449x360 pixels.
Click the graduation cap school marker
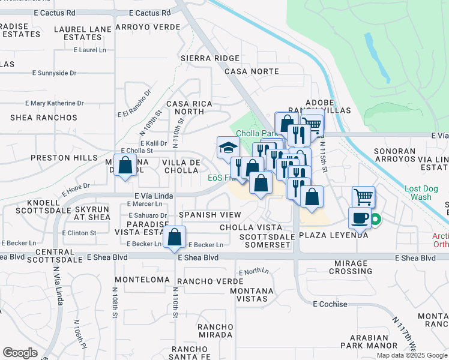[228, 147]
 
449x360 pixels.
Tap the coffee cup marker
[361, 218]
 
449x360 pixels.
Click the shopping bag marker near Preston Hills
[125, 165]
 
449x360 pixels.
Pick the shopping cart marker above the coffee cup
[363, 196]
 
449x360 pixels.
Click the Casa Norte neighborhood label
[252, 71]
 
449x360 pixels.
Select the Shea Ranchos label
[44, 118]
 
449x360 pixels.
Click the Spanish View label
[209, 215]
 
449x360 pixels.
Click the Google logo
[20, 353]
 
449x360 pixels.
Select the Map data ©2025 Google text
[411, 355]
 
